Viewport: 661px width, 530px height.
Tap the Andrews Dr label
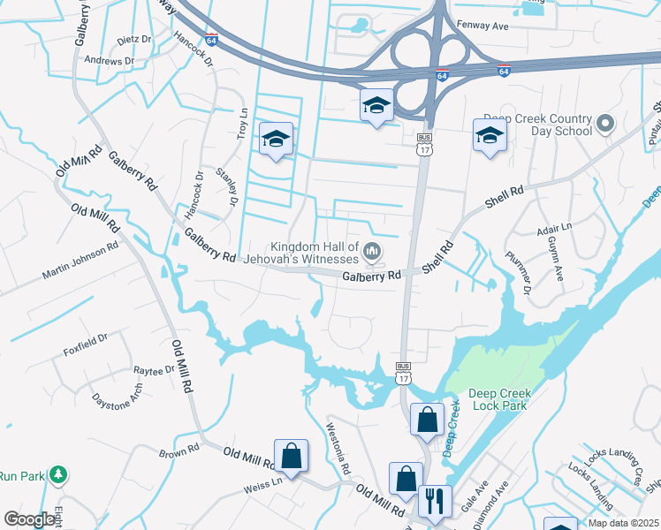click(109, 60)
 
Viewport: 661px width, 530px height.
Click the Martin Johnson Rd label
click(80, 263)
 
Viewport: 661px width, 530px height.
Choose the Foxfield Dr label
click(85, 337)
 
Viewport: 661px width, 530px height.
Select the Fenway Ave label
click(482, 26)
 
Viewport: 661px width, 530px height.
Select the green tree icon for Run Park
click(58, 474)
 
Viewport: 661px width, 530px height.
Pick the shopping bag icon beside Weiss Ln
click(291, 456)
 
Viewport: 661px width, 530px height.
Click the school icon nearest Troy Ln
click(276, 139)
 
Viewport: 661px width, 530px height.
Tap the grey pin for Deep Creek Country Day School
click(605, 124)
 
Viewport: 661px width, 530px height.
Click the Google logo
click(29, 519)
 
